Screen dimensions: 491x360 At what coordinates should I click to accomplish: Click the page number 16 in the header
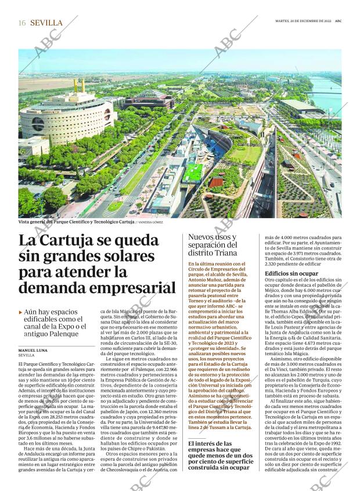pos(22,23)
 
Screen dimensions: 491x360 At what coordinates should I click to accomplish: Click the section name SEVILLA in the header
pos(46,23)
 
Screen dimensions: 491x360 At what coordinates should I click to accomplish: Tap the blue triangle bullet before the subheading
pos(21,312)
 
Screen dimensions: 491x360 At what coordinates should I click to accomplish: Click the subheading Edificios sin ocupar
pos(291,273)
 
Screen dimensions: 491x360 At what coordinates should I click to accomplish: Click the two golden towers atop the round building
pos(79,86)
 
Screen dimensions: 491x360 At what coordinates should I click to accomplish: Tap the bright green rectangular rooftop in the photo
pos(193,172)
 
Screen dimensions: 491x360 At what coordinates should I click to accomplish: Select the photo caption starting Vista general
pos(75,222)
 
